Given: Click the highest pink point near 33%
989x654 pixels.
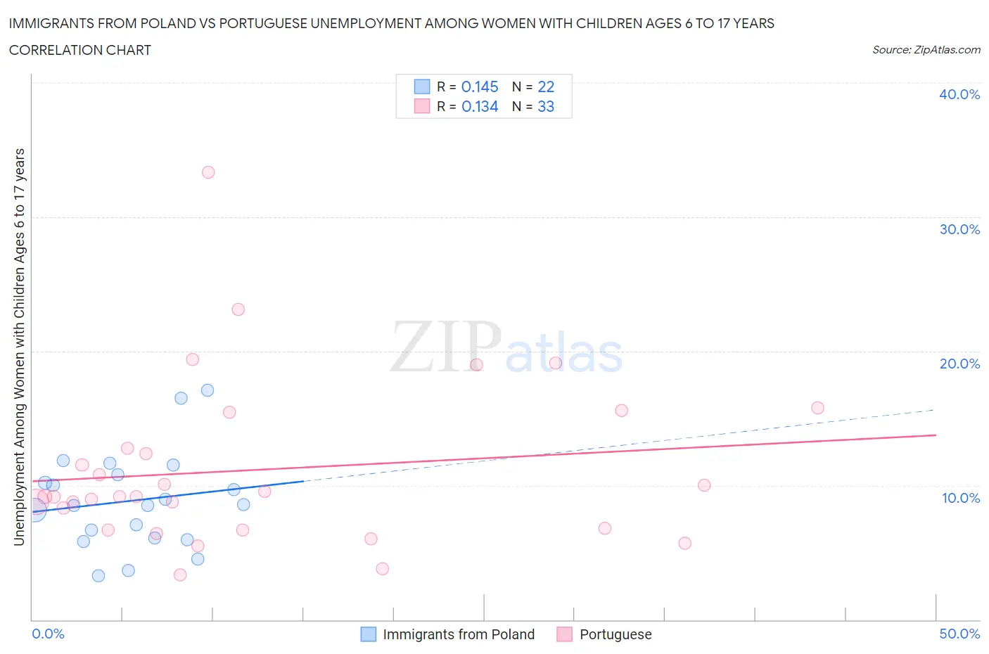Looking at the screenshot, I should click(x=208, y=172).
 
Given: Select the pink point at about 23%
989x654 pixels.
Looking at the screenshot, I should click(x=238, y=309).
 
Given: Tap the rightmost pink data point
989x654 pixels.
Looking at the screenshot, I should click(x=817, y=408).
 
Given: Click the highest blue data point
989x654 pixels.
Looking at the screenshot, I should click(x=208, y=390).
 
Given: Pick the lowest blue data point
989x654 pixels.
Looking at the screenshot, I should click(x=98, y=576).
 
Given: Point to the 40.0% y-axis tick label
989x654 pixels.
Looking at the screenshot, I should click(x=959, y=94).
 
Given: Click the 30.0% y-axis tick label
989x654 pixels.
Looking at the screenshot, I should click(x=959, y=229).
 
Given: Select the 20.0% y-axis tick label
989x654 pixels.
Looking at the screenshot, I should click(x=959, y=364).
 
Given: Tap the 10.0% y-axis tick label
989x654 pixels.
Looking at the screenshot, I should click(x=961, y=498).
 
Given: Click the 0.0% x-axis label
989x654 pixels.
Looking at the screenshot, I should click(x=49, y=634).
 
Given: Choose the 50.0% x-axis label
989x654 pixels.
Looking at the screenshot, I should click(x=959, y=634).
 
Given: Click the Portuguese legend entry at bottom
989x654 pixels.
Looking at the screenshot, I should click(x=615, y=634).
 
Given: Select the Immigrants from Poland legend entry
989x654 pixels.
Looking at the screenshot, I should click(x=458, y=634).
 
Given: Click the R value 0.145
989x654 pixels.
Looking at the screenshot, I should click(x=480, y=86).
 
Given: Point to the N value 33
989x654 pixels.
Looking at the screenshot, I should click(x=546, y=106).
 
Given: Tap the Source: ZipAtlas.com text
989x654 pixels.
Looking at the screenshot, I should click(x=926, y=50).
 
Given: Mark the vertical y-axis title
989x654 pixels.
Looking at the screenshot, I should click(x=19, y=347).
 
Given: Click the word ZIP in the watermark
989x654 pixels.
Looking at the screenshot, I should click(x=445, y=347).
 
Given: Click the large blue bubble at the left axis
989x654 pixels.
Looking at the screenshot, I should click(x=34, y=508).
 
